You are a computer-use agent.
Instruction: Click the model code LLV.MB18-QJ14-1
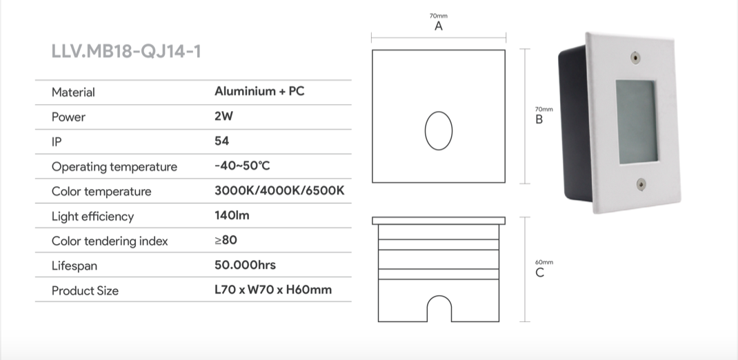point(126,51)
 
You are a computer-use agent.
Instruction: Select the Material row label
point(73,92)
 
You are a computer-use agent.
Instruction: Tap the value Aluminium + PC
point(259,91)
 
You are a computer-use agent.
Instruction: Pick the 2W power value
point(223,117)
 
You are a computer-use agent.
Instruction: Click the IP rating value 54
point(222,141)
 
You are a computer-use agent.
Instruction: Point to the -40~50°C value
point(246,166)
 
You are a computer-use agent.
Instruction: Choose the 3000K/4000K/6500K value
point(279,191)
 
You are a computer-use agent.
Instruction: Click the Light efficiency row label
point(92,217)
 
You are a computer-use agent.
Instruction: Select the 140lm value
point(232,216)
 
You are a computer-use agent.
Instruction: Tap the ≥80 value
point(226,241)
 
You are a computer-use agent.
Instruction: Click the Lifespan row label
point(74,266)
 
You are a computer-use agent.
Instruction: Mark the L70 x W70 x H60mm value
point(273,290)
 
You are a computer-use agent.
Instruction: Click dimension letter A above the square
point(439,26)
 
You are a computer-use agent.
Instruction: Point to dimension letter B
point(539,119)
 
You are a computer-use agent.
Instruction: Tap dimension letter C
point(539,272)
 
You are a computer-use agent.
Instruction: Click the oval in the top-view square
point(438,130)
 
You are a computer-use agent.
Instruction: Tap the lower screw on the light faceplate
point(641,183)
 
